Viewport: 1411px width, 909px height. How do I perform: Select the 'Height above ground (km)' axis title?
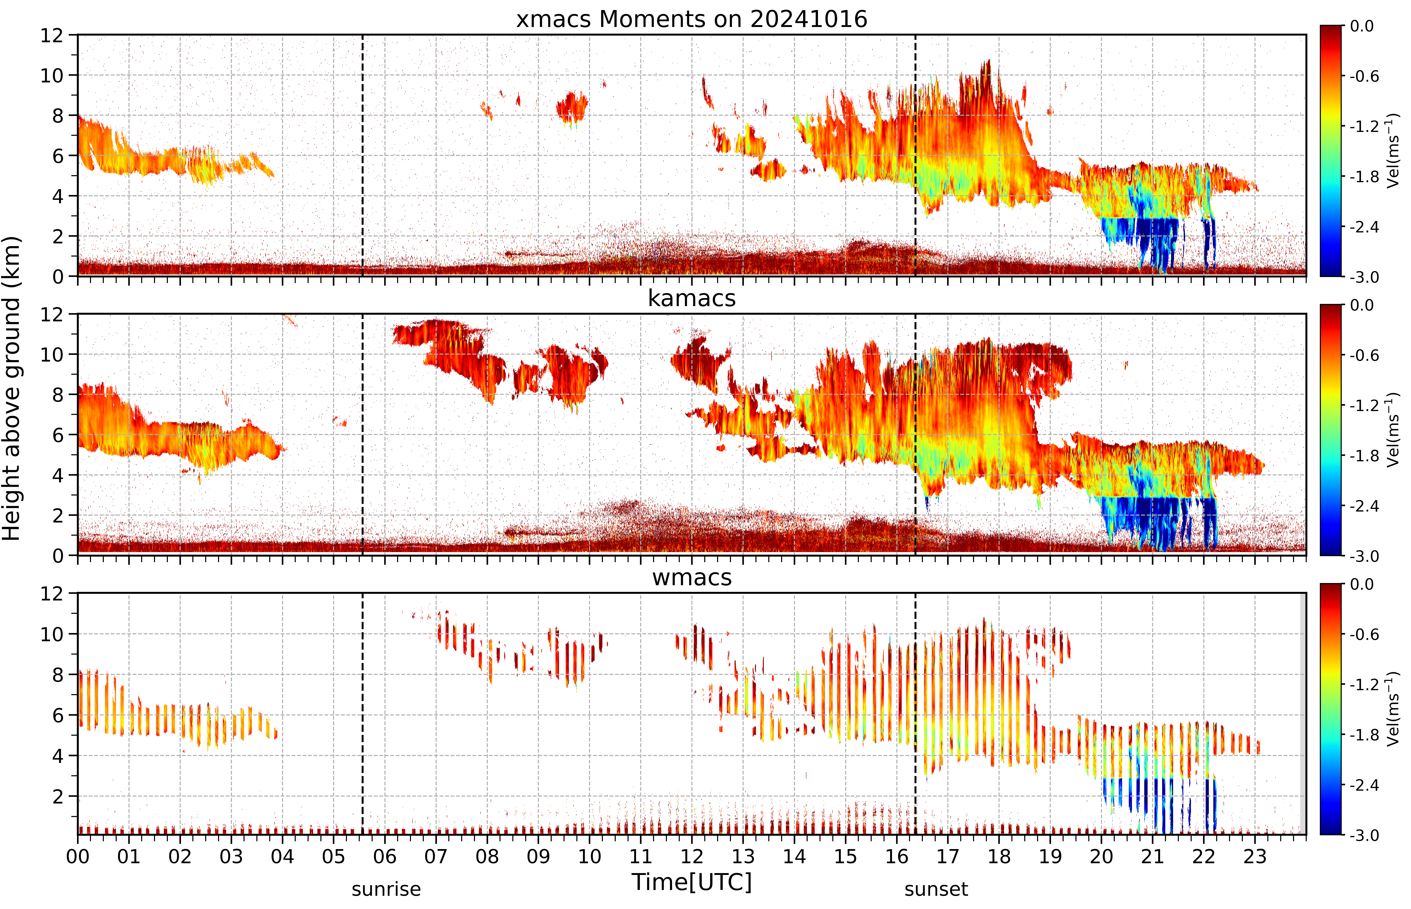point(11,388)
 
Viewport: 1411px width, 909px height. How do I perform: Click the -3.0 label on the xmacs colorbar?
point(1364,277)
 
